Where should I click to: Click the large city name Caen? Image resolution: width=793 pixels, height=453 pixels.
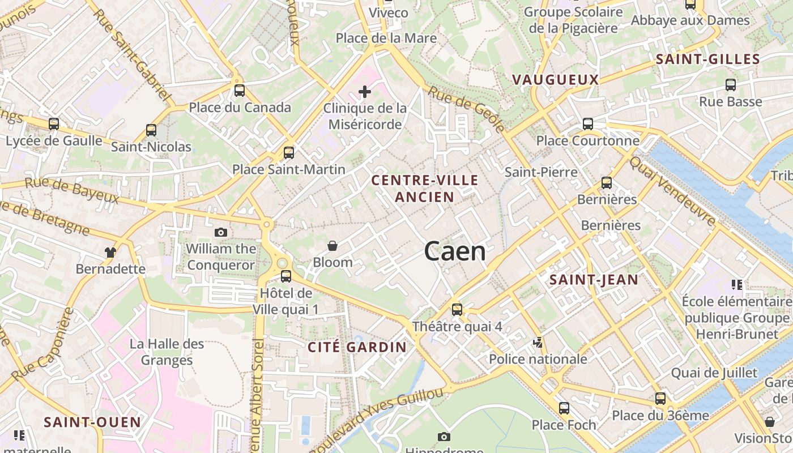click(455, 251)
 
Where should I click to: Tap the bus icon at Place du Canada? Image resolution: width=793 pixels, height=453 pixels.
click(240, 91)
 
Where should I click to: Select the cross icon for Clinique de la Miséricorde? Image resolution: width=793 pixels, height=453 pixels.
click(365, 91)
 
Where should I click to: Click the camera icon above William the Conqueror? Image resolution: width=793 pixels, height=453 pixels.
click(221, 232)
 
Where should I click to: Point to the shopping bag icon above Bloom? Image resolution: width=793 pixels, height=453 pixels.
click(332, 246)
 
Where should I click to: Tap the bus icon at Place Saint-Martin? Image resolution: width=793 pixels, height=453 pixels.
click(289, 153)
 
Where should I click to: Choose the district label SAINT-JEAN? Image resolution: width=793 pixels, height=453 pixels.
click(594, 279)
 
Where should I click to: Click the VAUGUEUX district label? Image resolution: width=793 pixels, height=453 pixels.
click(555, 80)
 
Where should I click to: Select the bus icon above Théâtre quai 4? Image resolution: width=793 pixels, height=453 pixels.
click(457, 310)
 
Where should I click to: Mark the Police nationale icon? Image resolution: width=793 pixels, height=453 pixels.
click(538, 342)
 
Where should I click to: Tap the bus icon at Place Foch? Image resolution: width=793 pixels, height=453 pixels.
click(564, 408)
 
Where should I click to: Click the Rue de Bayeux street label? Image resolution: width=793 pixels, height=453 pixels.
click(72, 190)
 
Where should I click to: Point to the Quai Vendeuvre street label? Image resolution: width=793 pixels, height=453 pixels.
click(672, 191)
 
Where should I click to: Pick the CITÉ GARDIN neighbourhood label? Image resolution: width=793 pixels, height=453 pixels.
click(357, 347)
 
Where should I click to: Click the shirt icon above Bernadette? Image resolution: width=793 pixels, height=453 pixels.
click(110, 252)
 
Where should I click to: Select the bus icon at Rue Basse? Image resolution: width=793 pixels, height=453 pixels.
click(731, 85)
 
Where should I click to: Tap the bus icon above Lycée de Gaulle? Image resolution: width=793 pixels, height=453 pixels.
click(54, 123)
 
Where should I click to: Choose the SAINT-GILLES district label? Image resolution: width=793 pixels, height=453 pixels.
click(707, 59)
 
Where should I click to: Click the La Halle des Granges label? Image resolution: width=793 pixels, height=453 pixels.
click(167, 352)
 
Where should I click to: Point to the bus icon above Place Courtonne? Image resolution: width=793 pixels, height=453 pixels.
click(588, 123)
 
